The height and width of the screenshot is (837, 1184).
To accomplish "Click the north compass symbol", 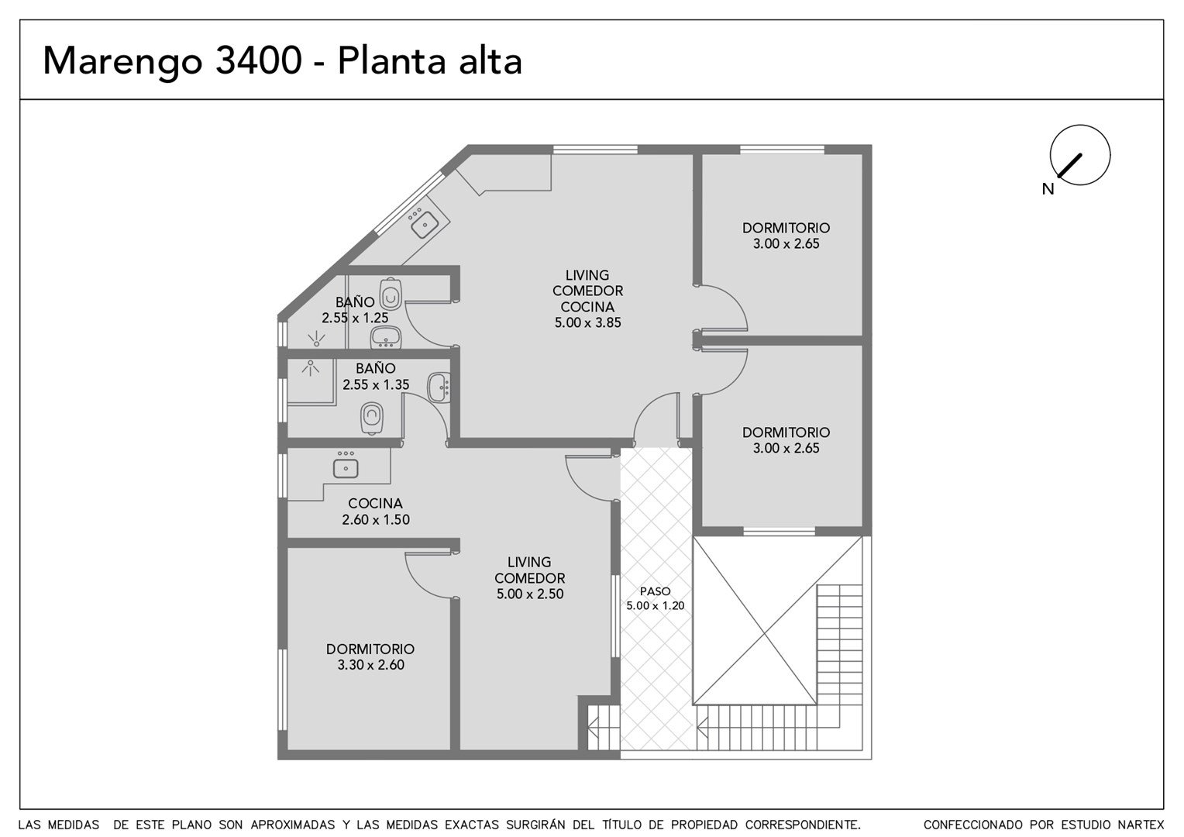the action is click(1080, 155).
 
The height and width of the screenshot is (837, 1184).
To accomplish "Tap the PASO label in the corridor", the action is click(655, 591).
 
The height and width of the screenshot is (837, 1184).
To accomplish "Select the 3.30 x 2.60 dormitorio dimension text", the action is click(370, 665).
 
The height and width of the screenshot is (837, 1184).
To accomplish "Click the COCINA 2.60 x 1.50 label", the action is click(375, 511).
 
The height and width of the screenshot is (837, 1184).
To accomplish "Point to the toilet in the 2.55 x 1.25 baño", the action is click(391, 294).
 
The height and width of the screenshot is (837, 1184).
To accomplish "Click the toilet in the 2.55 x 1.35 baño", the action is click(372, 418).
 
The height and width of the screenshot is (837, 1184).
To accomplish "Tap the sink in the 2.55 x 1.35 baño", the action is click(439, 387).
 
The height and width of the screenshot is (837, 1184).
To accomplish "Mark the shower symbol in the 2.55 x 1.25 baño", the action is click(316, 339).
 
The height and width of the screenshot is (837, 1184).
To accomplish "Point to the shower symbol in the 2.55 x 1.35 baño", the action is click(310, 367).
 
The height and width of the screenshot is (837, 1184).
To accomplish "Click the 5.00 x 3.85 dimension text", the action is click(587, 322).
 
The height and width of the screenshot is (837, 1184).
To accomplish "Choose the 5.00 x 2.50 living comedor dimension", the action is click(530, 594).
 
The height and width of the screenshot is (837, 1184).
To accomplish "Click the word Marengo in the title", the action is click(122, 62).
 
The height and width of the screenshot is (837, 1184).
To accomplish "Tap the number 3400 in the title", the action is click(259, 60).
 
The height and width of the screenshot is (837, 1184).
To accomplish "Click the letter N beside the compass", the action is click(1048, 189).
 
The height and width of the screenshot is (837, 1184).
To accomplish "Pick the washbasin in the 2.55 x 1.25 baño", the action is click(385, 337).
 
